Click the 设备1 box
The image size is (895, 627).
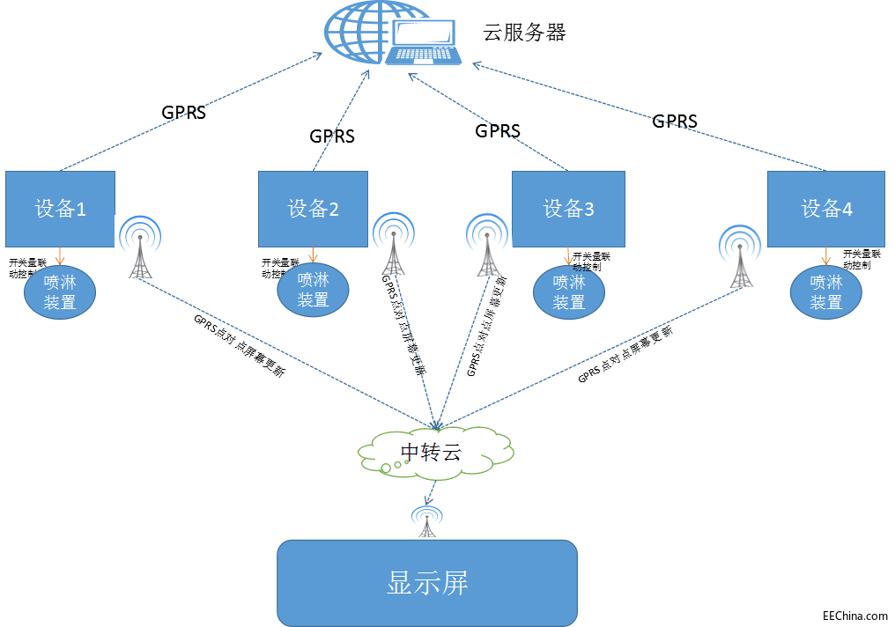(60, 209)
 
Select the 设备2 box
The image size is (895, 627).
(313, 209)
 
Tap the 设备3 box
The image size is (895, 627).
(568, 209)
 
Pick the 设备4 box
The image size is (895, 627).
(825, 209)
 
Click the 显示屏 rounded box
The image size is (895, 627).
(427, 582)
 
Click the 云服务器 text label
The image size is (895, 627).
(524, 33)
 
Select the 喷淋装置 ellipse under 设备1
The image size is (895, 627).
(60, 293)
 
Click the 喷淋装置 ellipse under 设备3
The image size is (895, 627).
(568, 293)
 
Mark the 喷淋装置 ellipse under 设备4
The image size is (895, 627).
(825, 293)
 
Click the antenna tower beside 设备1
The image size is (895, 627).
(140, 248)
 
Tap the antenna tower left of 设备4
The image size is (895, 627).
(739, 257)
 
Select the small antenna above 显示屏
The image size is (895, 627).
(427, 522)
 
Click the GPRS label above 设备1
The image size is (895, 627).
(183, 113)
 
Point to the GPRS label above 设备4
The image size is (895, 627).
(675, 122)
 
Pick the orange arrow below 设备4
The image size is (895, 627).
(825, 256)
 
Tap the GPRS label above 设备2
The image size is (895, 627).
(332, 136)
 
